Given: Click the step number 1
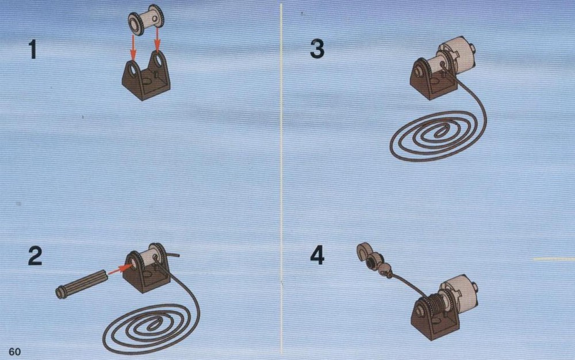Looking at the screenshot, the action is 33,50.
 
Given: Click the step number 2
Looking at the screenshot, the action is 35,256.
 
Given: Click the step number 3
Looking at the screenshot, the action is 317,49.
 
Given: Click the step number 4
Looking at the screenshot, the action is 317,255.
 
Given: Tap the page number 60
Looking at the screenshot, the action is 15,351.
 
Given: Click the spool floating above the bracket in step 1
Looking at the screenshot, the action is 146,20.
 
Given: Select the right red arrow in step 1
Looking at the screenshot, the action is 158,40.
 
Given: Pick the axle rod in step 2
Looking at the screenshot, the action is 82,284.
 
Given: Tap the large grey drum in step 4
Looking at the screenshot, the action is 460,293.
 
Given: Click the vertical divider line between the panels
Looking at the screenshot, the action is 282,179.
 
